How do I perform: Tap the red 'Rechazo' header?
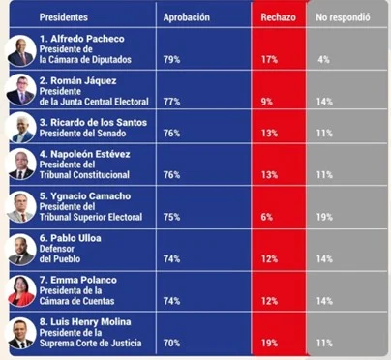(x=279, y=17)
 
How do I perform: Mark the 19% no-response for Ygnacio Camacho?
(x=325, y=217)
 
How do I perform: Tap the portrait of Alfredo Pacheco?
(x=21, y=52)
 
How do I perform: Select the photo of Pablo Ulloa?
(x=21, y=252)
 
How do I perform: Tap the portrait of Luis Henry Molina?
(x=21, y=335)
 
